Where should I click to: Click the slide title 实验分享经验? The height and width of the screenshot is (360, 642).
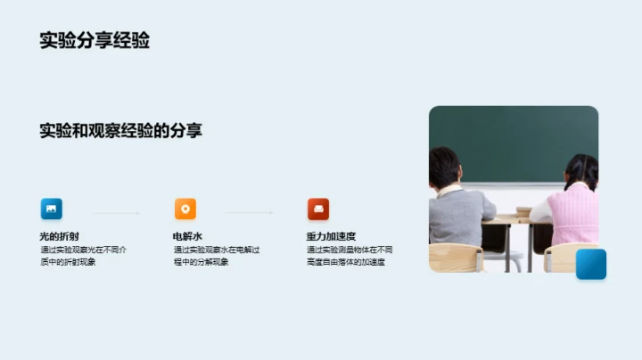(95, 41)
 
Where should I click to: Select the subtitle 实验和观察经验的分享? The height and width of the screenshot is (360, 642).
(120, 131)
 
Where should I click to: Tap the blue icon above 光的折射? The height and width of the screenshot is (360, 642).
(52, 209)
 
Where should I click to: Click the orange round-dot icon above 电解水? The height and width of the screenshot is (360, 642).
(185, 209)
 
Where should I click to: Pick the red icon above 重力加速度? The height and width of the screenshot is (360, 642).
(318, 209)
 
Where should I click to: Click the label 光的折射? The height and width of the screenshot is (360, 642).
(59, 236)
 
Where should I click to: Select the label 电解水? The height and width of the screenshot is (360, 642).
(188, 236)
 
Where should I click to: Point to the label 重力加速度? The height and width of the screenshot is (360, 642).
(331, 236)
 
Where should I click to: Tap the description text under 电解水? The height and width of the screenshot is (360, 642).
(216, 256)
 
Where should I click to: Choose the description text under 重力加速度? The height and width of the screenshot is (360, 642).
(349, 256)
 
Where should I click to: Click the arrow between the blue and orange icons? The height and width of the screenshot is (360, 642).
(116, 213)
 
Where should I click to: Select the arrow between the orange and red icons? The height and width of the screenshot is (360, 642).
(249, 213)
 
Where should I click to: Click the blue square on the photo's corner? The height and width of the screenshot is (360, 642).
(590, 264)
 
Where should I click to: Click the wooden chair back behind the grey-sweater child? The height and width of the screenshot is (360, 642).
(455, 258)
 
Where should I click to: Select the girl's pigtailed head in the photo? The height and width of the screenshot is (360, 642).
(581, 170)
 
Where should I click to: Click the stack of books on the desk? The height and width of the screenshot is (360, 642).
(523, 212)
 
